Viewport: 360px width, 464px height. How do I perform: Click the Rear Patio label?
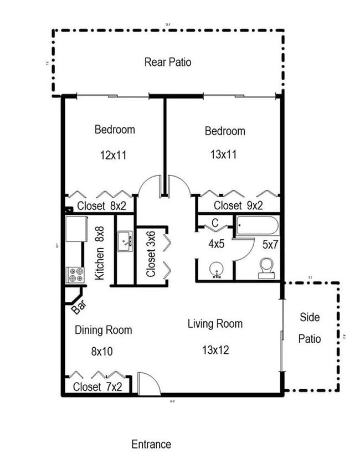tap(168, 62)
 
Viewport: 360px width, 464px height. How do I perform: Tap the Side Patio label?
tap(310, 328)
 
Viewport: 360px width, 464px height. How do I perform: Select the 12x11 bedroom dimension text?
tap(114, 155)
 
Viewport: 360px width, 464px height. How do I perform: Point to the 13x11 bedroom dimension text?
tap(224, 155)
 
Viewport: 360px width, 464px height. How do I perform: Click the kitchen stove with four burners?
tap(75, 274)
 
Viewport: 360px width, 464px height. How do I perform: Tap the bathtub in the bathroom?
tap(258, 226)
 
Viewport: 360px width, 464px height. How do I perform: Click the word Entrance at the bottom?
tap(151, 444)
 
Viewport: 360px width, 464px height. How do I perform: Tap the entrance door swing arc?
tap(150, 383)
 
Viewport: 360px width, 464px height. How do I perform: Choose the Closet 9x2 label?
tap(238, 206)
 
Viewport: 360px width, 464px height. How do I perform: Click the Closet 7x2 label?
tap(97, 386)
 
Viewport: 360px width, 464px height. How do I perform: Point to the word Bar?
tap(78, 307)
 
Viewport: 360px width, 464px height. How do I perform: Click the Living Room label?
tap(215, 323)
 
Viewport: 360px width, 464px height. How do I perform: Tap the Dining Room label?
tap(104, 330)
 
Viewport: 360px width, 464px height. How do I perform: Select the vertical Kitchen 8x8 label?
tap(100, 253)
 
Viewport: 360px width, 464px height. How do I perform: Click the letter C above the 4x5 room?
tap(215, 223)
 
